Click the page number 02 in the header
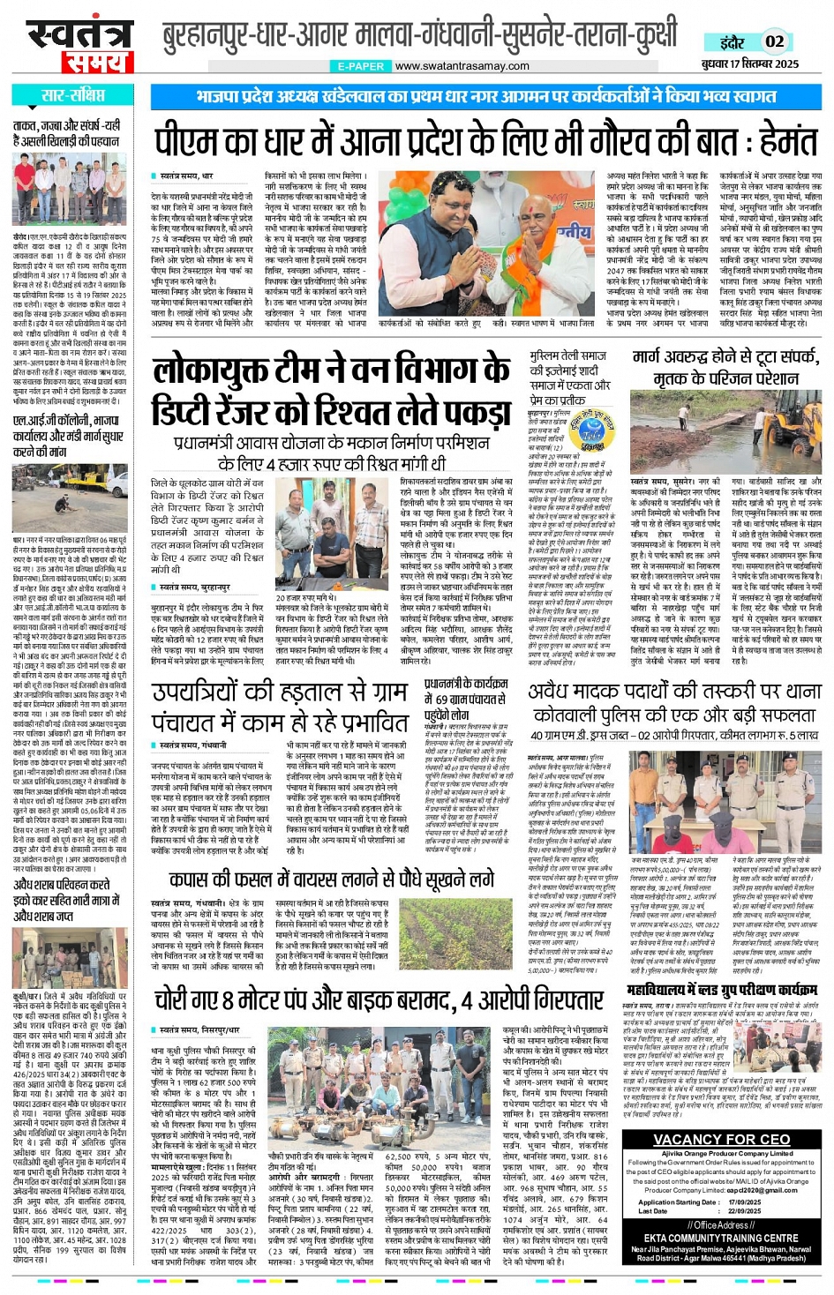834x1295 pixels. [x=774, y=41]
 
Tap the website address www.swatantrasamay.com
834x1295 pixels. [x=462, y=66]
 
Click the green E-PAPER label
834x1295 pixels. [x=360, y=66]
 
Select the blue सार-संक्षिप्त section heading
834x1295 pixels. [x=73, y=95]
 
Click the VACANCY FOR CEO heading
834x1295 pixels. [x=722, y=1139]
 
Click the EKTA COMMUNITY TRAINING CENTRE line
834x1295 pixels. [x=721, y=1238]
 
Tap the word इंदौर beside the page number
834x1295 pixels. [x=733, y=41]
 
